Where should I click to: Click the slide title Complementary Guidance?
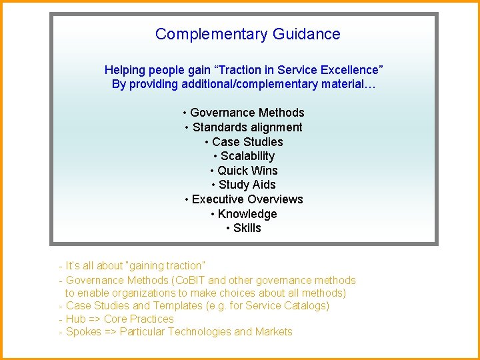(x=247, y=34)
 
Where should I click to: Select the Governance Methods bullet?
(x=244, y=113)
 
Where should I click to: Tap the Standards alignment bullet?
(x=244, y=127)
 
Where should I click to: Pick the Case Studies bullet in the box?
(x=244, y=142)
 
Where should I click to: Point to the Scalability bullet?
(x=244, y=156)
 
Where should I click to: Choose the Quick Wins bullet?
(x=244, y=171)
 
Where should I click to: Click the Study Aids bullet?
(x=244, y=185)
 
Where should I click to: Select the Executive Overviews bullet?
(x=244, y=199)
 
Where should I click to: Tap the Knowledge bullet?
(x=244, y=214)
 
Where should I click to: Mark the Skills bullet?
(x=244, y=228)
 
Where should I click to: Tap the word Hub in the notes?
(x=76, y=319)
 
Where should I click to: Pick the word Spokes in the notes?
(x=84, y=331)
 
